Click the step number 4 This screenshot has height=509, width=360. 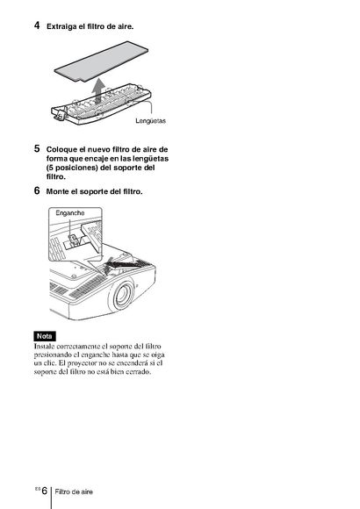pyautogui.click(x=37, y=25)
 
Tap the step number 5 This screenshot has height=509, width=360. pyautogui.click(x=37, y=148)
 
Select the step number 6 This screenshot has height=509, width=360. pyautogui.click(x=37, y=190)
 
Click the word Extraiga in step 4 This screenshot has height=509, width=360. pyautogui.click(x=61, y=26)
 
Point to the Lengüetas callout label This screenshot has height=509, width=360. pyautogui.click(x=150, y=121)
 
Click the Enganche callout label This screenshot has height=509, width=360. pyautogui.click(x=70, y=213)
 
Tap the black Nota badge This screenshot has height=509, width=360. pyautogui.click(x=45, y=336)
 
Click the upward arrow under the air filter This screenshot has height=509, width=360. pyautogui.click(x=97, y=91)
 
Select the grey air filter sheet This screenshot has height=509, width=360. pyautogui.click(x=101, y=61)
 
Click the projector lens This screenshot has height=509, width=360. pyautogui.click(x=121, y=294)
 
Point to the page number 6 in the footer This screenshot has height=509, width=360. pyautogui.click(x=44, y=491)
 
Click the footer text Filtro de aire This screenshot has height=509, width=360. pyautogui.click(x=74, y=491)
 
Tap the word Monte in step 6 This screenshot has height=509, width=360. pyautogui.click(x=57, y=191)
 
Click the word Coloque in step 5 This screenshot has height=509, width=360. pyautogui.click(x=61, y=150)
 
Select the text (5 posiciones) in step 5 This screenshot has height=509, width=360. pyautogui.click(x=72, y=168)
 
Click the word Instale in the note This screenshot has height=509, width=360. pyautogui.click(x=42, y=347)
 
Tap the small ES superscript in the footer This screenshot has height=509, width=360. pyautogui.click(x=38, y=488)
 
